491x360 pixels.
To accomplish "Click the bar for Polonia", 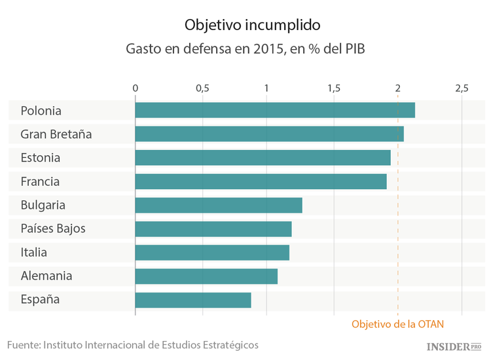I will coord(275,110).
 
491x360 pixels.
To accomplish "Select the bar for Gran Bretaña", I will coord(269,134).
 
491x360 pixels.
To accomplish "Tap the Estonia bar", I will coord(263,158).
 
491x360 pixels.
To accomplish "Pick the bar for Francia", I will coord(261,181).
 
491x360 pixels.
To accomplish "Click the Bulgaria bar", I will coord(219,205).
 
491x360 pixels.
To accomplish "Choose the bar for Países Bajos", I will coord(213,229).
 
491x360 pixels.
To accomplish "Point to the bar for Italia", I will coord(212,253).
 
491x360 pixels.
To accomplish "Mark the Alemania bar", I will coord(206,276).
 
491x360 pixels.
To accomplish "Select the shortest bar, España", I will coord(193,300).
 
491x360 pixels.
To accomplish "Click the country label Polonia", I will coord(41,111).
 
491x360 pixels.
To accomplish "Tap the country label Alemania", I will coord(46,276).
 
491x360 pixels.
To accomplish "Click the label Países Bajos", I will coord(52,229).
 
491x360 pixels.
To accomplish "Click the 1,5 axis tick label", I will coord(333,88).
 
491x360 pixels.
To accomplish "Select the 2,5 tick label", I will coord(462,88).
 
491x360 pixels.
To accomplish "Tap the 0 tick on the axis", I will coord(136,88).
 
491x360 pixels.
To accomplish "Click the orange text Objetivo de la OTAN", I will coord(402,324).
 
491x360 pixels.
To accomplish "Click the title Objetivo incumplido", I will coord(252,25).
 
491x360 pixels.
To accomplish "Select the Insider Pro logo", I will coord(454,346).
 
